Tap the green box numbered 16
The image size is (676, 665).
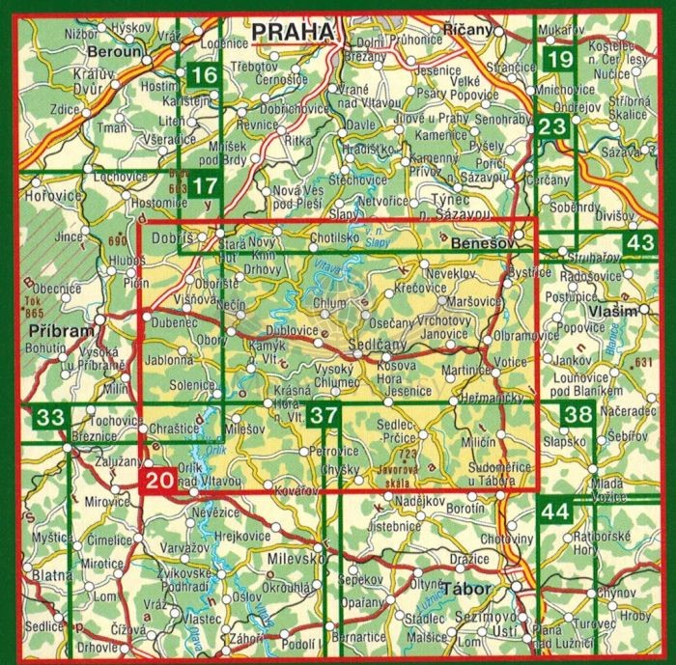204,75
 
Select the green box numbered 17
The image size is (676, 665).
204,185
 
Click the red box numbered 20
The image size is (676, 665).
159,477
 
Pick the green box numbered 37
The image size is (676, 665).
327,417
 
